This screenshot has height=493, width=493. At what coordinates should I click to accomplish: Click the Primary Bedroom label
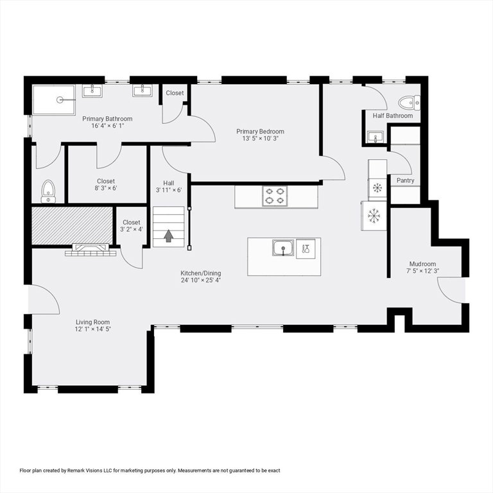click(260, 132)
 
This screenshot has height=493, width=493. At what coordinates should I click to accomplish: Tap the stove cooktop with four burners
click(275, 196)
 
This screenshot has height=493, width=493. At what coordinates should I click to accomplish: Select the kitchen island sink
click(283, 248)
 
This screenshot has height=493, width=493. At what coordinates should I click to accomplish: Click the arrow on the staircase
click(169, 236)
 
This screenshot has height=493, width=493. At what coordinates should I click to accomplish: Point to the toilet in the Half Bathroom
click(409, 103)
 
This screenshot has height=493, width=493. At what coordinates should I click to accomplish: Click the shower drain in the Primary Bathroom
click(60, 100)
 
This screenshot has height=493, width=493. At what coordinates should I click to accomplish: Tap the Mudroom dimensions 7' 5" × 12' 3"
click(422, 271)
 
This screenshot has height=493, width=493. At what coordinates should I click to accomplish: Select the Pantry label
click(405, 180)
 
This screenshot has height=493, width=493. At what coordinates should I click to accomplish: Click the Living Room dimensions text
click(92, 329)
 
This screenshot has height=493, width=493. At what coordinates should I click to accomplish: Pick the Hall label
click(169, 183)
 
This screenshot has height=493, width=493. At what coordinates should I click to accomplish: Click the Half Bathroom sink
click(376, 137)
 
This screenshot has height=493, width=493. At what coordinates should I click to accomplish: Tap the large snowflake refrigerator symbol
click(374, 216)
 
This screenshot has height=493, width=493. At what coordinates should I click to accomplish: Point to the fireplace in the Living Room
click(91, 250)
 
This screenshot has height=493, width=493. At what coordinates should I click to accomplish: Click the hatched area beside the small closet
click(73, 225)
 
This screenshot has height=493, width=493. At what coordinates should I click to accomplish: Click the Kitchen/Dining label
click(200, 273)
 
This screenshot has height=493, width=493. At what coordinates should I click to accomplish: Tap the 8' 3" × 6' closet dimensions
click(106, 188)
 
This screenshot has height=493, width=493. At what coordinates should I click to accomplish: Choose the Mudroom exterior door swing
click(448, 290)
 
